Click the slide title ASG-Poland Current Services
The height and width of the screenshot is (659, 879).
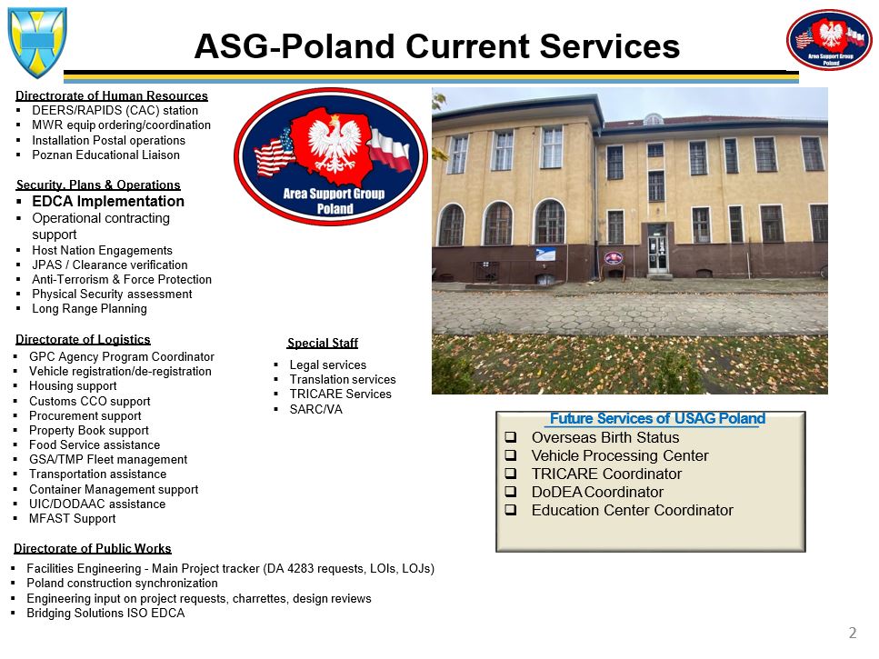436,46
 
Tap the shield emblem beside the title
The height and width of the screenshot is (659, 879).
37,42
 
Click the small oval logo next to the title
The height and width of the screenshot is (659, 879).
829,39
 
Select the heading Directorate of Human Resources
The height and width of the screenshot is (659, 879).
112,95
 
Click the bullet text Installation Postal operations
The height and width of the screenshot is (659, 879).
108,140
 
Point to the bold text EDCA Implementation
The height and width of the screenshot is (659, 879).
108,201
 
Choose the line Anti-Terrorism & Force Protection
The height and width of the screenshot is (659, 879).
122,279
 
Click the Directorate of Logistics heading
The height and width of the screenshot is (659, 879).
83,339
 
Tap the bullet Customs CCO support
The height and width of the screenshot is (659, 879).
90,401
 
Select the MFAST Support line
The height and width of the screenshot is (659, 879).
73,518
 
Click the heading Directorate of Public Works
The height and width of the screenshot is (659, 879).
93,548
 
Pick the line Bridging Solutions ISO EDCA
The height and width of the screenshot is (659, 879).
105,613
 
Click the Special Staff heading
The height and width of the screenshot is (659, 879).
323,343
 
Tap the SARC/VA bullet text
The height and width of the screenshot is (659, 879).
315,409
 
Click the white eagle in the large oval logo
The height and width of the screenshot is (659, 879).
335,144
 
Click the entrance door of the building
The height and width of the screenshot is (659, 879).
657,254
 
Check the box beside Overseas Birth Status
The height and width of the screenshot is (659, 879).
511,437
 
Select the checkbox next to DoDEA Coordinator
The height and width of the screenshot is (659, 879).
511,492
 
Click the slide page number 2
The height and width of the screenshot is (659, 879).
853,633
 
